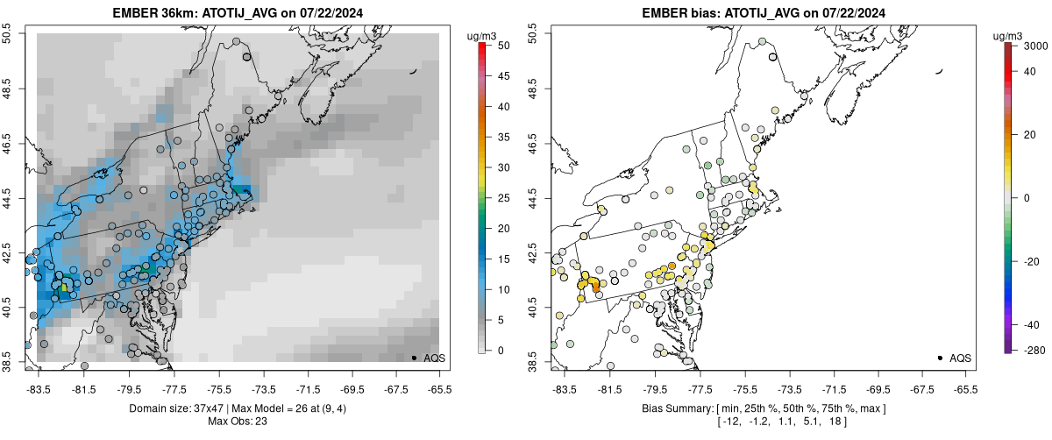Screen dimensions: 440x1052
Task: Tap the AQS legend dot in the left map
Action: coord(414,358)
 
